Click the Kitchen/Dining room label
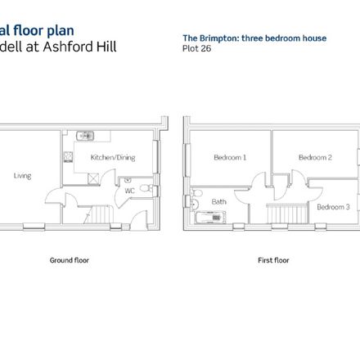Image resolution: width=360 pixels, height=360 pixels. (x=113, y=158)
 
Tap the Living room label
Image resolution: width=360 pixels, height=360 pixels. (x=22, y=176)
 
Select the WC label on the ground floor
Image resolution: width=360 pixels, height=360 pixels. (x=130, y=191)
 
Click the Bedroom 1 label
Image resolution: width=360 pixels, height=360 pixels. (x=230, y=157)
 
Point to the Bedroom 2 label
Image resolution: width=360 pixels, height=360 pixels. (x=315, y=157)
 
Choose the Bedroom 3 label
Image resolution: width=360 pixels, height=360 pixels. (x=333, y=207)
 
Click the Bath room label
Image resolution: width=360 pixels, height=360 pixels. (x=219, y=202)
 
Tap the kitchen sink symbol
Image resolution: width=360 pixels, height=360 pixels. (x=85, y=136)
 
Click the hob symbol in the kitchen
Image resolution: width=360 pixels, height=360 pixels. (x=68, y=157)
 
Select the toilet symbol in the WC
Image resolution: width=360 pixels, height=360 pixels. (x=146, y=188)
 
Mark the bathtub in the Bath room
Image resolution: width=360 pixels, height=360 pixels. (x=210, y=218)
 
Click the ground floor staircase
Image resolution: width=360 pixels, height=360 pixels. (x=98, y=215)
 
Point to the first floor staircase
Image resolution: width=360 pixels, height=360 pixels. (x=287, y=214)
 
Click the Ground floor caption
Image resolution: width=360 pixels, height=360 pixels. (x=70, y=260)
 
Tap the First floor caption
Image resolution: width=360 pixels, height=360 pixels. (x=273, y=260)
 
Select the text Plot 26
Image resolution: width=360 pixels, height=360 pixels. (x=196, y=48)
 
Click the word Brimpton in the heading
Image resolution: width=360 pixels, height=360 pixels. (x=219, y=38)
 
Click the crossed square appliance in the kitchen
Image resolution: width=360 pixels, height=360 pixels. (x=93, y=178)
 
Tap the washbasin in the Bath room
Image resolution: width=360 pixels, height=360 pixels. (x=194, y=204)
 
